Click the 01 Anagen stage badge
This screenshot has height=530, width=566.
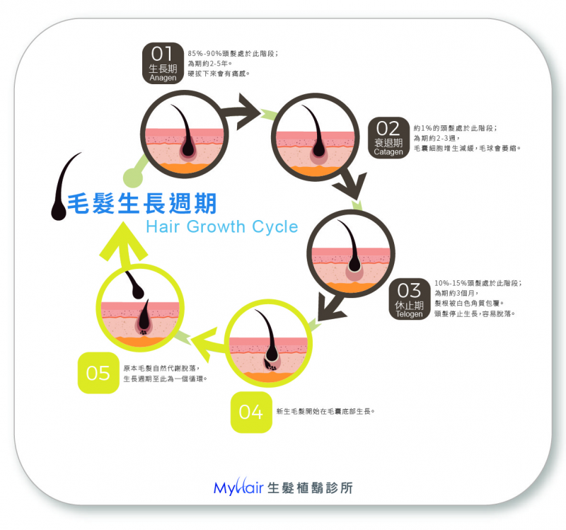(x=163, y=63)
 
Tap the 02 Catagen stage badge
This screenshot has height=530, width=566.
(x=388, y=137)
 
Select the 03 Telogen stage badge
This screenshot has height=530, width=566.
(x=410, y=299)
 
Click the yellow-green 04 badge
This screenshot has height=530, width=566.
(x=251, y=412)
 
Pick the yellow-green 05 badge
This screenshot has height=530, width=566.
(x=98, y=373)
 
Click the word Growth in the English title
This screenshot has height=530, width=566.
(x=216, y=226)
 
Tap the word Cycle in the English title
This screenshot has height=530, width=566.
(x=275, y=226)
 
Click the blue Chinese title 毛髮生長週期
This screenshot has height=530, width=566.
(x=142, y=203)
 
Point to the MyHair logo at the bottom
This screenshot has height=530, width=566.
(x=283, y=487)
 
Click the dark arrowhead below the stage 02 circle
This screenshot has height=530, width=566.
(x=351, y=184)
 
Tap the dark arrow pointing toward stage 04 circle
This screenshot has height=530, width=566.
(x=330, y=308)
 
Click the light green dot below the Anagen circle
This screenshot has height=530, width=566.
(x=133, y=178)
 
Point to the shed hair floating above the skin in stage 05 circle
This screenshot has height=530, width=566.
(x=134, y=285)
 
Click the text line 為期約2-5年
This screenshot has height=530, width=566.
(x=209, y=64)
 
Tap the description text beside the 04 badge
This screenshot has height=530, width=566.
(x=325, y=411)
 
